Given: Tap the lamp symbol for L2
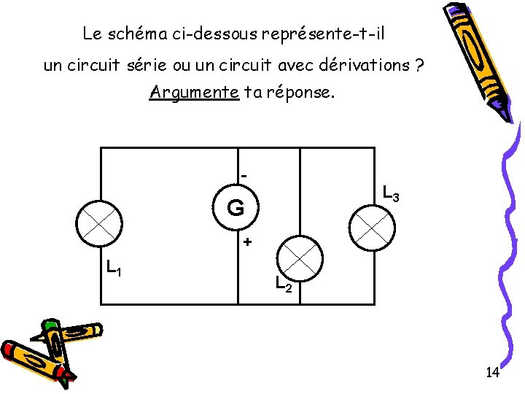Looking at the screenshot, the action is [301, 258].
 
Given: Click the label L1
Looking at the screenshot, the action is [113, 269].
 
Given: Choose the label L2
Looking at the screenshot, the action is [284, 284].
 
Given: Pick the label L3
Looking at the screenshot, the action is [391, 194].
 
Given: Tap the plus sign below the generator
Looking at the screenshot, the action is [247, 242].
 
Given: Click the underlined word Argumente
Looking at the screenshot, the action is [194, 93].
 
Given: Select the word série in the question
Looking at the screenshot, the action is [147, 66].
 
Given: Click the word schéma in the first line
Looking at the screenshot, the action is [133, 34].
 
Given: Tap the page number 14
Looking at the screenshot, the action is [492, 373].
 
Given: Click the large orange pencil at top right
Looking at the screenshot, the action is [477, 58].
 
